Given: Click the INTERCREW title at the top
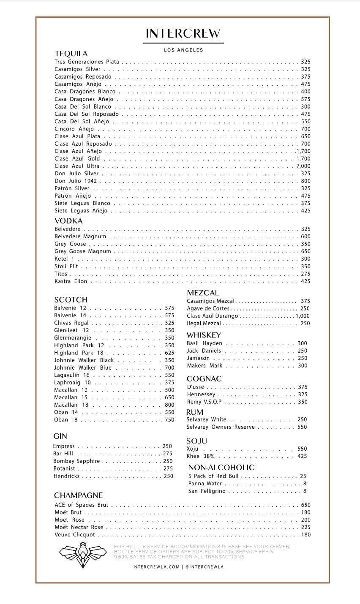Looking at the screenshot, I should click(183, 33).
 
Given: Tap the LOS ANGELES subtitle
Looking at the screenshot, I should click(183, 50).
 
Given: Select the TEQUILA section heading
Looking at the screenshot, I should click(71, 54).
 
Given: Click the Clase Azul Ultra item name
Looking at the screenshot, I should click(77, 166).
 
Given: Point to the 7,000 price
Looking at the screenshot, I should click(303, 166).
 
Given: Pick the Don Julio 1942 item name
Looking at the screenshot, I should click(76, 181).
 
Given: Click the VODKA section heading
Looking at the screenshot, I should click(68, 221).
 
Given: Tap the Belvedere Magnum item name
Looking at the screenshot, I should click(80, 237).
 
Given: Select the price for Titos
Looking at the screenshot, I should click(305, 274).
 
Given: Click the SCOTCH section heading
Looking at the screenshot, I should click(71, 300).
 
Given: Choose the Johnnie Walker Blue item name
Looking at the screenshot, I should click(83, 367).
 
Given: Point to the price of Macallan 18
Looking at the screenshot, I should click(169, 405).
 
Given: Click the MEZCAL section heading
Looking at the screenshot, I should click(203, 293).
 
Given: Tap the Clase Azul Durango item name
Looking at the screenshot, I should click(213, 316).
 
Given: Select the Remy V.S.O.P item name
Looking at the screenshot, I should click(204, 402).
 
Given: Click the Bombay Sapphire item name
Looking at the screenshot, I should click(76, 461).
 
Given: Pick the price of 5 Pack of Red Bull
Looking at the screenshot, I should click(303, 476).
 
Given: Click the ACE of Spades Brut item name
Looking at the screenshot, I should click(81, 505).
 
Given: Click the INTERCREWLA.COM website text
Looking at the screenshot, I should click(156, 567).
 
